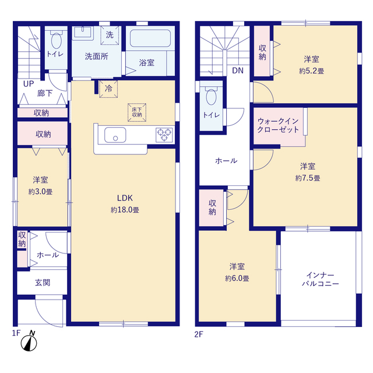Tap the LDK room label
click(x=125, y=198)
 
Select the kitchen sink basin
click(x=115, y=135)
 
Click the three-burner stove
click(x=164, y=135)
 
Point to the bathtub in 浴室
click(x=150, y=38)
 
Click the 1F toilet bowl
click(x=56, y=40)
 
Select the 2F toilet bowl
click(x=211, y=96)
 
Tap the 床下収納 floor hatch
click(x=137, y=112)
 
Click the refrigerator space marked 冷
click(x=108, y=89)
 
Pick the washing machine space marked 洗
click(x=110, y=35)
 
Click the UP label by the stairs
click(x=29, y=84)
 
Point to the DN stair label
click(x=238, y=71)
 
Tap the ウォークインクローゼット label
click(x=278, y=125)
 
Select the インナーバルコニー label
click(x=320, y=280)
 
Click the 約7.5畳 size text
click(x=308, y=178)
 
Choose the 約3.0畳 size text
click(x=40, y=192)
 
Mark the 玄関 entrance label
click(x=43, y=283)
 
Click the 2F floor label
click(x=199, y=334)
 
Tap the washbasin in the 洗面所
click(x=83, y=32)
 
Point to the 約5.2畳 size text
click(x=311, y=71)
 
